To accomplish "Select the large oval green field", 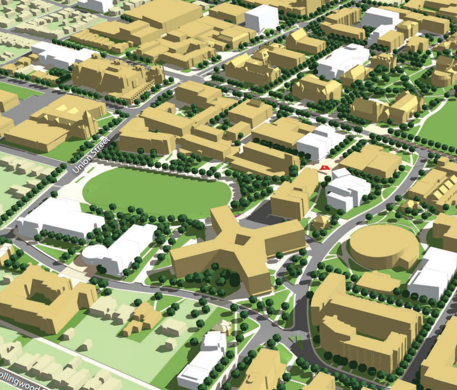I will pyautogui.click(x=156, y=192).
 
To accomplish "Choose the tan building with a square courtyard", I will pyautogui.click(x=45, y=298).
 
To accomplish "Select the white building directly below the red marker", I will pyautogui.click(x=347, y=190).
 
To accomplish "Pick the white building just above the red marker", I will pyautogui.click(x=320, y=142).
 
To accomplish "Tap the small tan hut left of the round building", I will pyautogui.click(x=322, y=221).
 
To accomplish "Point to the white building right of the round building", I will pyautogui.click(x=433, y=274).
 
